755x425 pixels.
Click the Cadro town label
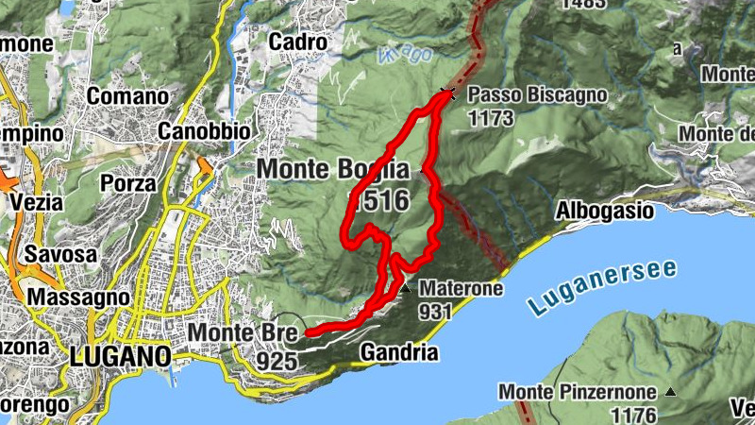coord(297,42)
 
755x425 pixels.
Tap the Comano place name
coord(127,95)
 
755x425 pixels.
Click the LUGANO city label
coord(120,357)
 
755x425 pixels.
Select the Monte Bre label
coord(243,332)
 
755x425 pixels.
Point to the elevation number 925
coord(277,360)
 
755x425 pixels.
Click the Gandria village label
coord(399,354)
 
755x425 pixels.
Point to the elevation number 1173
coord(491,118)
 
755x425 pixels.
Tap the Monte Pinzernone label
coord(579,392)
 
